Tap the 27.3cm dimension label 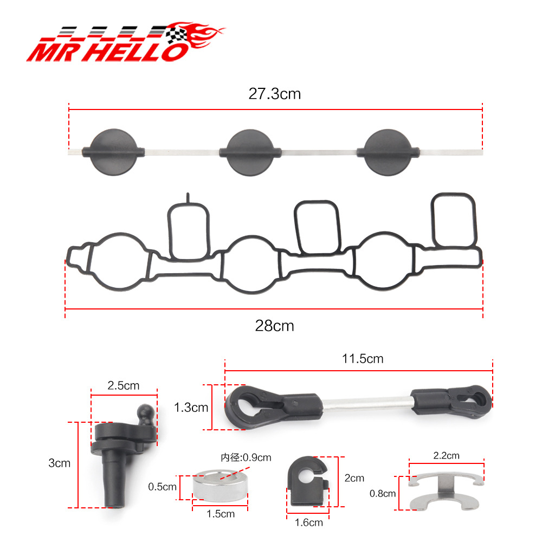(275, 94)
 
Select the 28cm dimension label (274, 326)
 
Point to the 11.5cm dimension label (363, 359)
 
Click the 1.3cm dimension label (191, 407)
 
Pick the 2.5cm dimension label (124, 385)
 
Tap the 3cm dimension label (60, 463)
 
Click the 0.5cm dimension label (162, 487)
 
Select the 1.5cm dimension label (221, 514)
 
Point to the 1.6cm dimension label (309, 522)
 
